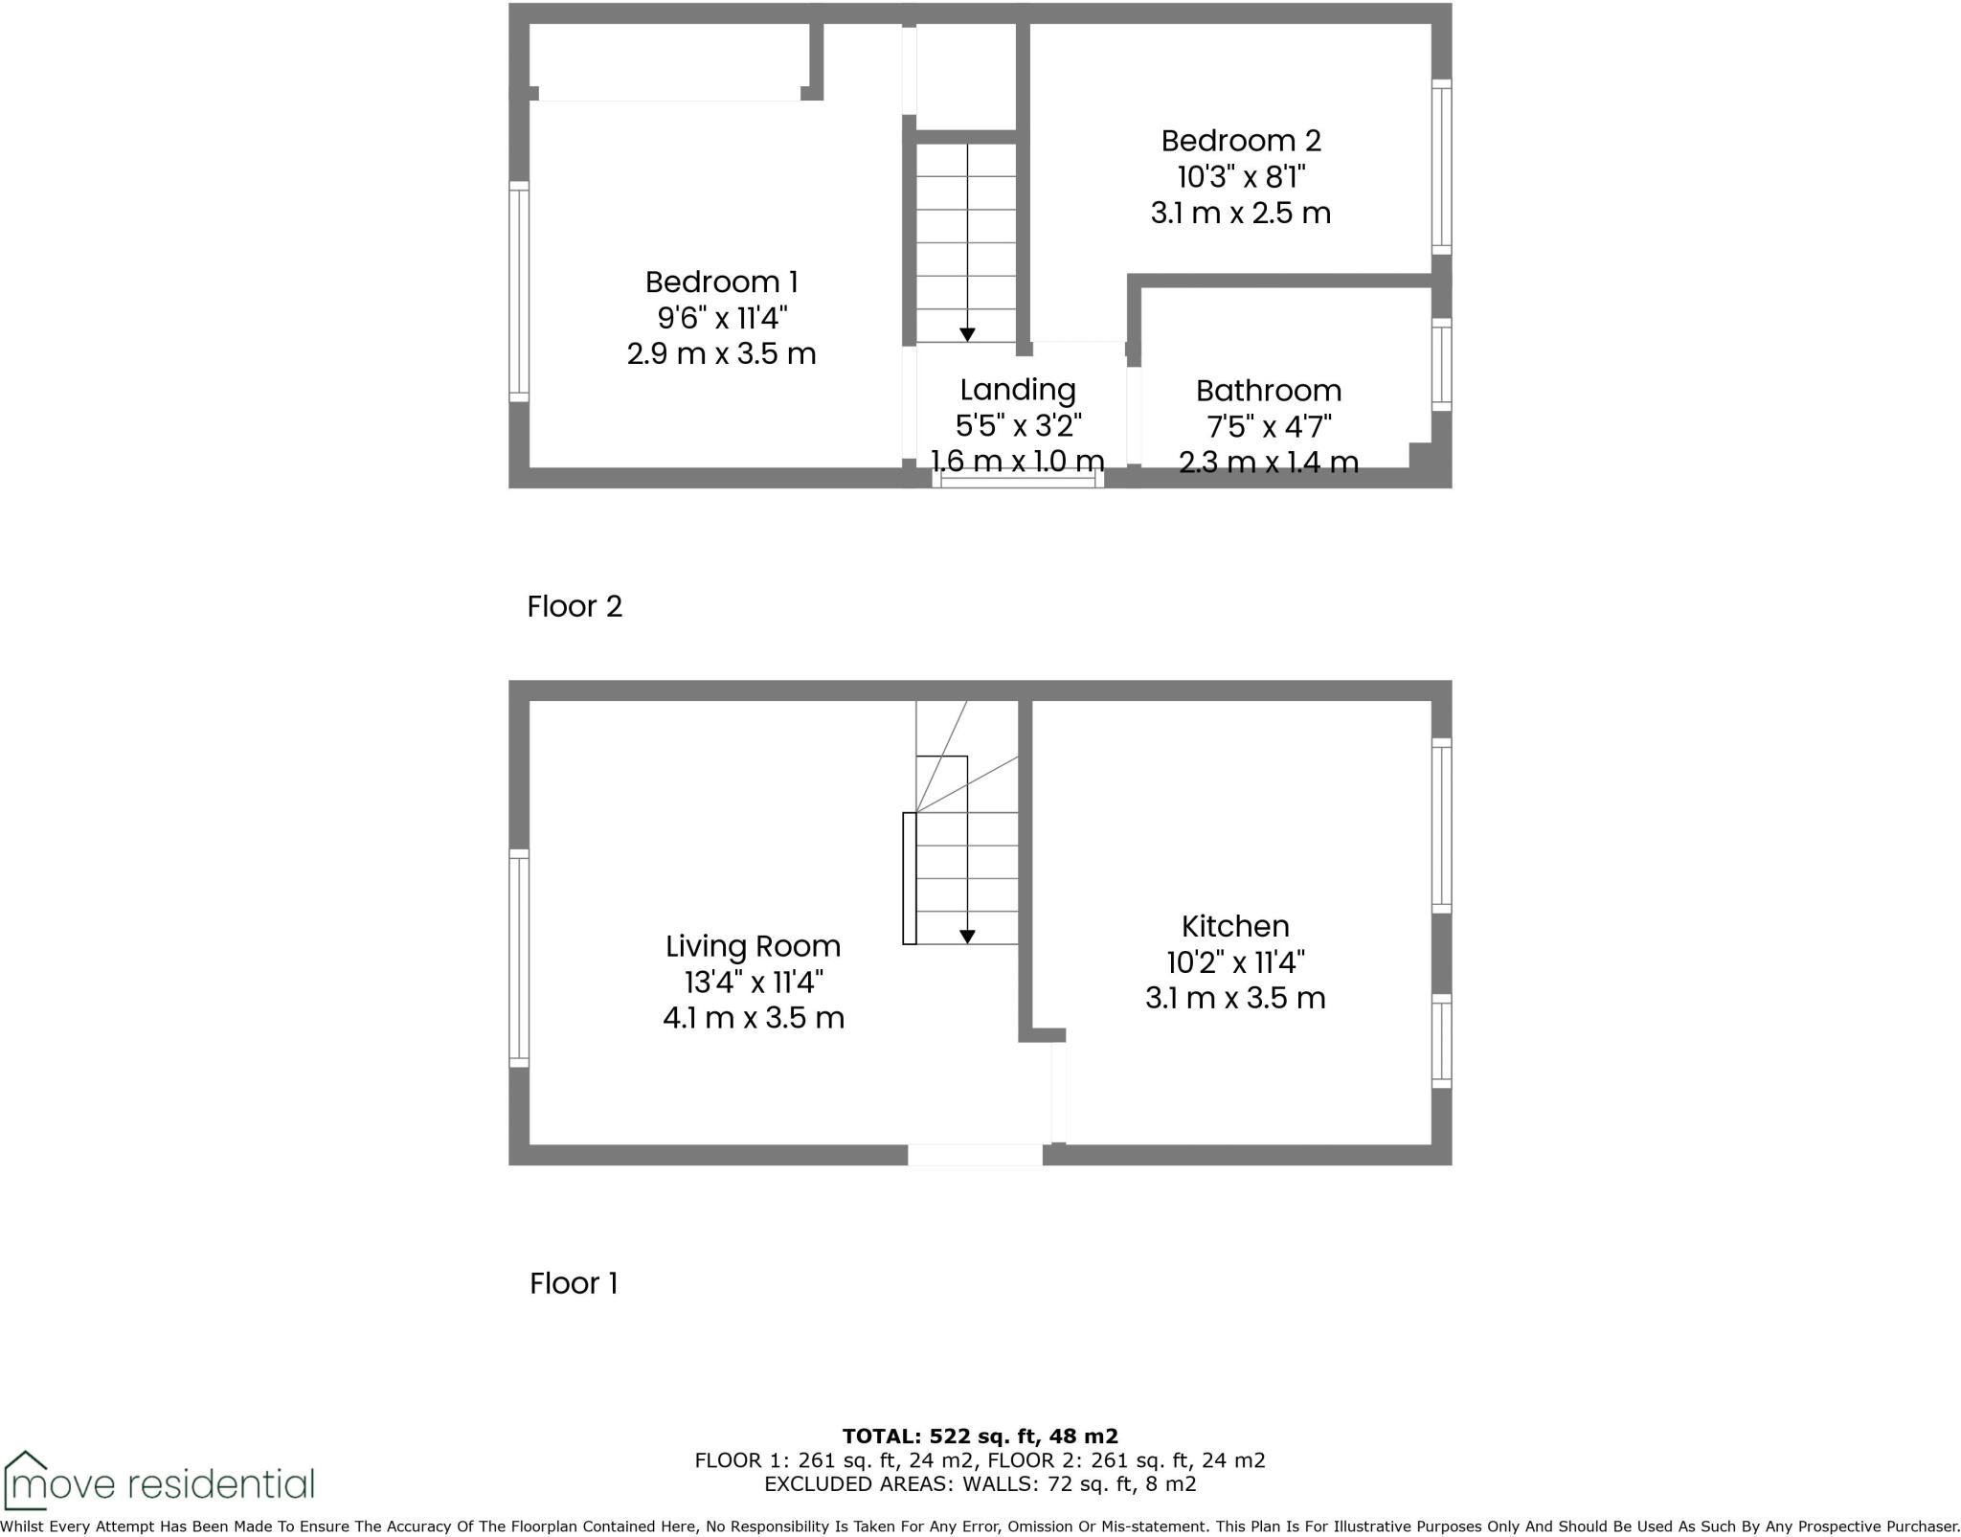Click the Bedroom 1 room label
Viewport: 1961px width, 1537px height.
point(721,283)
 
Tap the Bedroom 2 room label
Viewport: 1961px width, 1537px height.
point(1241,141)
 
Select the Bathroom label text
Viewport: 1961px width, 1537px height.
point(1268,391)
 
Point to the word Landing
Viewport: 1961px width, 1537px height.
point(1018,390)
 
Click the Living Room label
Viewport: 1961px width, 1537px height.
point(753,946)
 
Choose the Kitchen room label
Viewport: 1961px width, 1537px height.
point(1235,926)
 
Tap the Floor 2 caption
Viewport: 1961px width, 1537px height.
point(575,606)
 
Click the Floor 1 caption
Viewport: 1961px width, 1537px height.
point(574,1283)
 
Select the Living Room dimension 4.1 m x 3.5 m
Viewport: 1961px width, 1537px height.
point(753,1017)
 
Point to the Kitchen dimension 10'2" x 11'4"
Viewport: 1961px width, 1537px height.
point(1235,961)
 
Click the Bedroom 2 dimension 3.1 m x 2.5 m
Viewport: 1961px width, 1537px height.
point(1241,213)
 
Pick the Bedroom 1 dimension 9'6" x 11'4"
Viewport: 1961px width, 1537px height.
point(721,318)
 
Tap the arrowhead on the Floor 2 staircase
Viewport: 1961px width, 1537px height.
point(967,334)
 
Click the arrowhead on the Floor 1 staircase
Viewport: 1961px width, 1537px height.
point(967,937)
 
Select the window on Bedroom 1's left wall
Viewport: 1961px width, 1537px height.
point(518,291)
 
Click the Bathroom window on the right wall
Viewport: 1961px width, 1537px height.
point(1441,365)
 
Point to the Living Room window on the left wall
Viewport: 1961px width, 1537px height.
point(518,958)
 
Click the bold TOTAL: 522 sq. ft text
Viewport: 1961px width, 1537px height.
point(980,1436)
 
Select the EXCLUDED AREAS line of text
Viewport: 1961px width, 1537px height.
point(980,1484)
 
